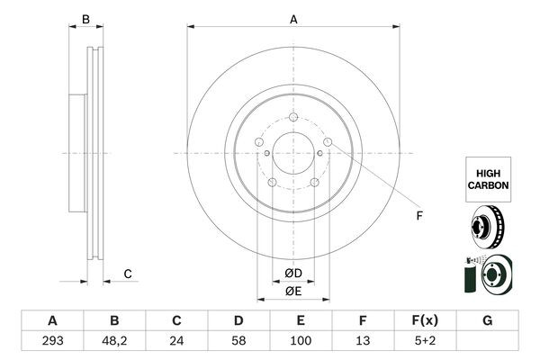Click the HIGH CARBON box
click(x=488, y=177)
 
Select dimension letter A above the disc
click(x=293, y=19)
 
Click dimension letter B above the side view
click(x=85, y=19)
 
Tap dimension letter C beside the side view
click(x=128, y=274)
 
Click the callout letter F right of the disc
click(x=418, y=215)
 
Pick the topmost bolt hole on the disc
click(x=294, y=117)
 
